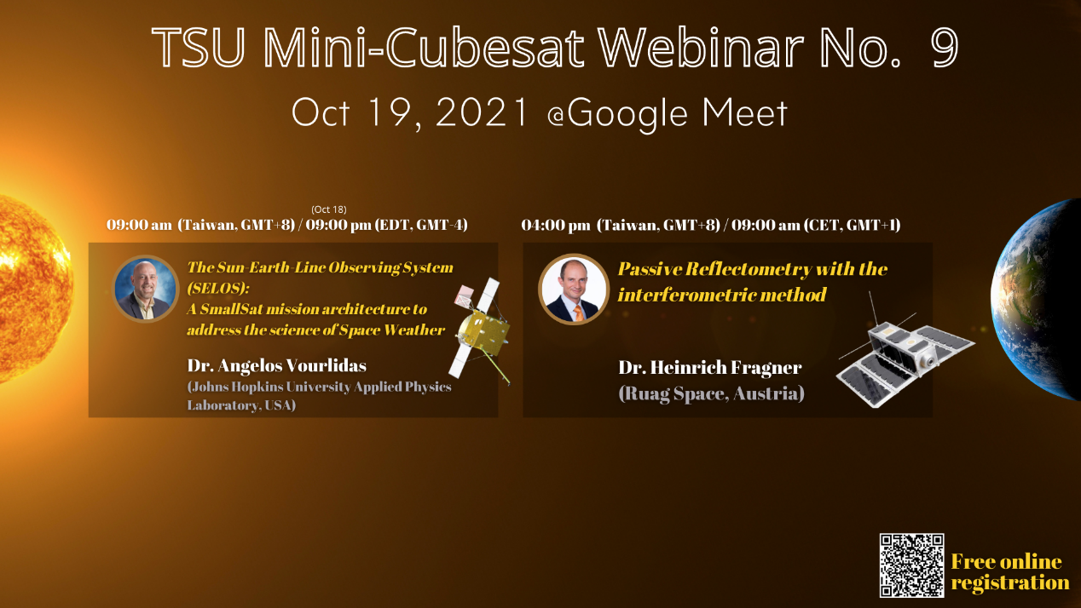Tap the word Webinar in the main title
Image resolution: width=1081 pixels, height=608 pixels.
[x=700, y=47]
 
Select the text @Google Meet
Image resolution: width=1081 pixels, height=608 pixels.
[x=668, y=114]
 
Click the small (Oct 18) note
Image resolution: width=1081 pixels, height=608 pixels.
[x=328, y=209]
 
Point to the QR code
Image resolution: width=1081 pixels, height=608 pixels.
[x=911, y=565]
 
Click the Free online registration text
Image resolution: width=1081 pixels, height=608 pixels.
[x=1010, y=572]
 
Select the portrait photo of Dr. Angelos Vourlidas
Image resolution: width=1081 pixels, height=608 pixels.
[x=145, y=289]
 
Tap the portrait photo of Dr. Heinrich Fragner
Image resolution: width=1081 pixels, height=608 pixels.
[x=573, y=289]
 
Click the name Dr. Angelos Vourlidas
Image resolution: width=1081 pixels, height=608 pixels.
[x=276, y=365]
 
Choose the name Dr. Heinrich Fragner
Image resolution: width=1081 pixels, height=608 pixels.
[x=710, y=367]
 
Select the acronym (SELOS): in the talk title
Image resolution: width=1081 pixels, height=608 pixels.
[x=218, y=289]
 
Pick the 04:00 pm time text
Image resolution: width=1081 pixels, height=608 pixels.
[x=556, y=225]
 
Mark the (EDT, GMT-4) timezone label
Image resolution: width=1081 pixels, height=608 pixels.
[x=421, y=225]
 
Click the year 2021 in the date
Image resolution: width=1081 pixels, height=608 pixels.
[x=481, y=112]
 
